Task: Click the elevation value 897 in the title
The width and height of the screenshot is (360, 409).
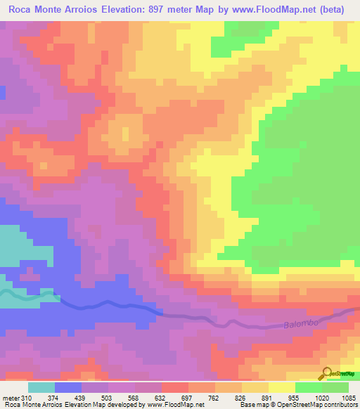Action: point(160,10)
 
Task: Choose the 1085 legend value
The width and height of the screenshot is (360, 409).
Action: point(349,398)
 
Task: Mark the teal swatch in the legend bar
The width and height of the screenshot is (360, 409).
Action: point(41,387)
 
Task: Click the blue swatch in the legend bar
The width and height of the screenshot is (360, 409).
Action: point(68,387)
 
